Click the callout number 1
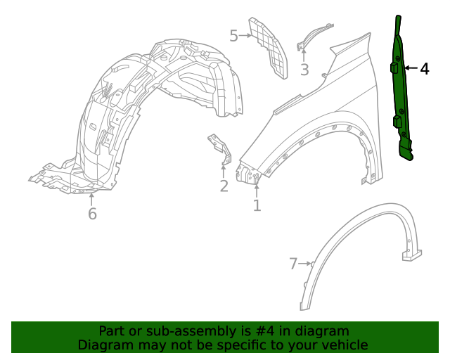[x=257, y=205]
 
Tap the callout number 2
[x=224, y=186]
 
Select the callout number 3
[x=304, y=70]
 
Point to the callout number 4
[x=424, y=69]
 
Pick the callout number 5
[x=234, y=35]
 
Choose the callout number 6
[x=92, y=214]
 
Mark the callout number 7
[x=293, y=264]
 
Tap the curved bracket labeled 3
[x=314, y=34]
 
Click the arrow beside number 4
[x=411, y=69]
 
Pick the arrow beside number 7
[x=305, y=264]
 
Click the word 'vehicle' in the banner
[x=343, y=345]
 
